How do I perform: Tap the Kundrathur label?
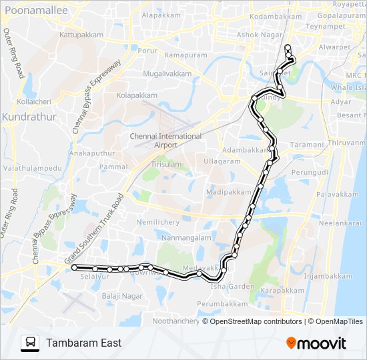click(x=26, y=117)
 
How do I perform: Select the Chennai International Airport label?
click(x=165, y=140)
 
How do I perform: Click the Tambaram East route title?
click(x=83, y=343)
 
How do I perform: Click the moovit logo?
click(x=316, y=343)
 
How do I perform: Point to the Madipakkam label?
click(x=229, y=191)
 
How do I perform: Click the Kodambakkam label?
click(x=275, y=16)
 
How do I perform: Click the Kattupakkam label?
click(x=81, y=34)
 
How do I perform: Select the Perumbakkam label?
click(x=224, y=303)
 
